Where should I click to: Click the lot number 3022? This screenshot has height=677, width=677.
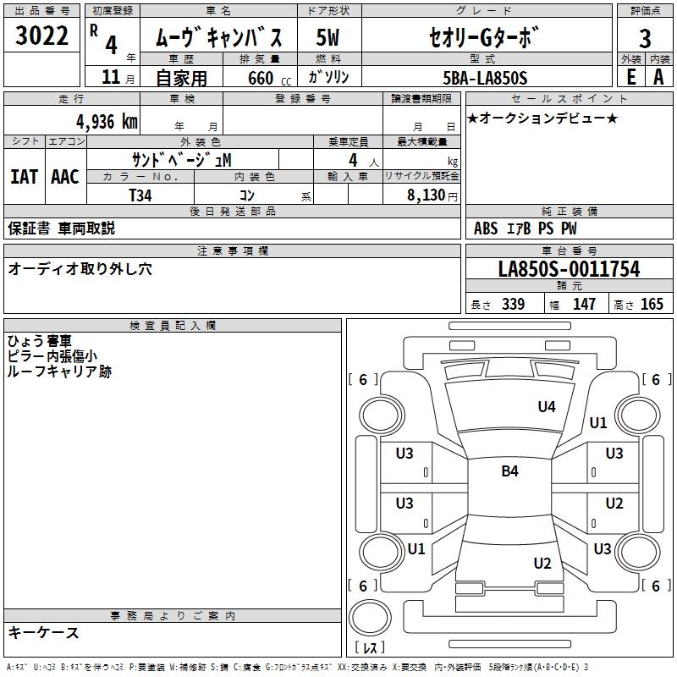coord(42,36)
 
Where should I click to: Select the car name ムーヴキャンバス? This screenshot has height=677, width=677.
coord(223,37)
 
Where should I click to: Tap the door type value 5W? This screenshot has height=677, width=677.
coord(328,37)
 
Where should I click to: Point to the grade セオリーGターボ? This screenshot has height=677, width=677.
coord(483,37)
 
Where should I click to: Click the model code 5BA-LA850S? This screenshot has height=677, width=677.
coord(485,78)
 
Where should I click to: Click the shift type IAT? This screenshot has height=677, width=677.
coord(24,177)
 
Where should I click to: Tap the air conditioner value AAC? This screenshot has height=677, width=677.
coord(64,177)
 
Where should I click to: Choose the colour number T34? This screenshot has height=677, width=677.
coord(141,195)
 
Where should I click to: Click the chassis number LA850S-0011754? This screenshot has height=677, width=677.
coord(569,270)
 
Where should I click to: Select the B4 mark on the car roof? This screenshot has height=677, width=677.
coord(509,471)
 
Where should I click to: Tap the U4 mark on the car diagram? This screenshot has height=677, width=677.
coord(547,407)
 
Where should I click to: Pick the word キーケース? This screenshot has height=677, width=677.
coord(44,632)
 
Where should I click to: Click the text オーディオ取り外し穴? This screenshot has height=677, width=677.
coord(80,269)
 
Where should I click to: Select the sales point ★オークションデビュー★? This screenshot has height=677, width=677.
coord(542,118)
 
